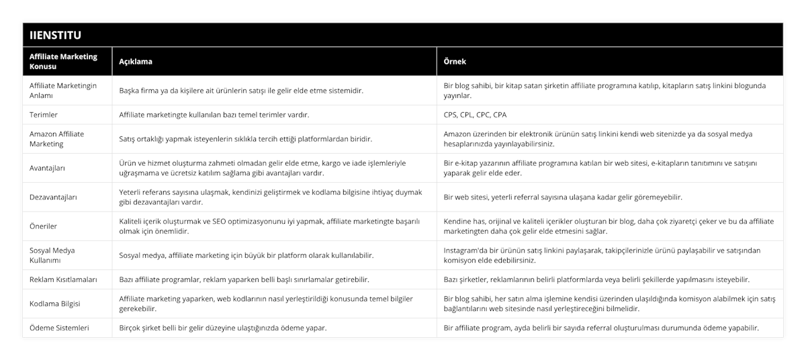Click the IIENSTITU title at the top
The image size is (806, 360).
58,35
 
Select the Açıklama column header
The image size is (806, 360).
136,61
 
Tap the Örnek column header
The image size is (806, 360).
455,61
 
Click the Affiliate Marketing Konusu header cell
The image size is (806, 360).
64,61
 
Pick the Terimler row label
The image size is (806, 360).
44,115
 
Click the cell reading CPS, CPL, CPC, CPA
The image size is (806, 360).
476,115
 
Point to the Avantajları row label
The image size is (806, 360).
48,168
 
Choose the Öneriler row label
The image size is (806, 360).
44,226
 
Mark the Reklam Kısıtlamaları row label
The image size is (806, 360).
64,279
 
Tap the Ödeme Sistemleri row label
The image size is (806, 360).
60,328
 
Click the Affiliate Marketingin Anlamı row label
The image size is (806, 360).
64,91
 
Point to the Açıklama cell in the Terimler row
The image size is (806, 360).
214,115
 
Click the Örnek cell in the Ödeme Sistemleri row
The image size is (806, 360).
602,328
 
